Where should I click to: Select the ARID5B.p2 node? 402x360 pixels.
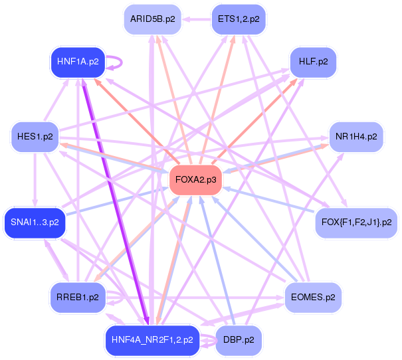click(152, 19)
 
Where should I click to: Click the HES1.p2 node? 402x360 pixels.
click(35, 137)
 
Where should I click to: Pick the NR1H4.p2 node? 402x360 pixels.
click(356, 137)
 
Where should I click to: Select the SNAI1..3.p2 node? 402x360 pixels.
click(35, 221)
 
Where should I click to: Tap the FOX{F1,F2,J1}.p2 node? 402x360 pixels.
click(356, 221)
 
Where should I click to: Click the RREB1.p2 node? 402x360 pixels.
click(78, 297)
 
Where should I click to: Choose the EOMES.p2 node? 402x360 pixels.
click(312, 297)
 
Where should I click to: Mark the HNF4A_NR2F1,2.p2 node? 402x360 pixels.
click(152, 339)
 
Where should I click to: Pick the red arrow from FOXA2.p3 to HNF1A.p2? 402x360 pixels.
click(133, 117)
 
